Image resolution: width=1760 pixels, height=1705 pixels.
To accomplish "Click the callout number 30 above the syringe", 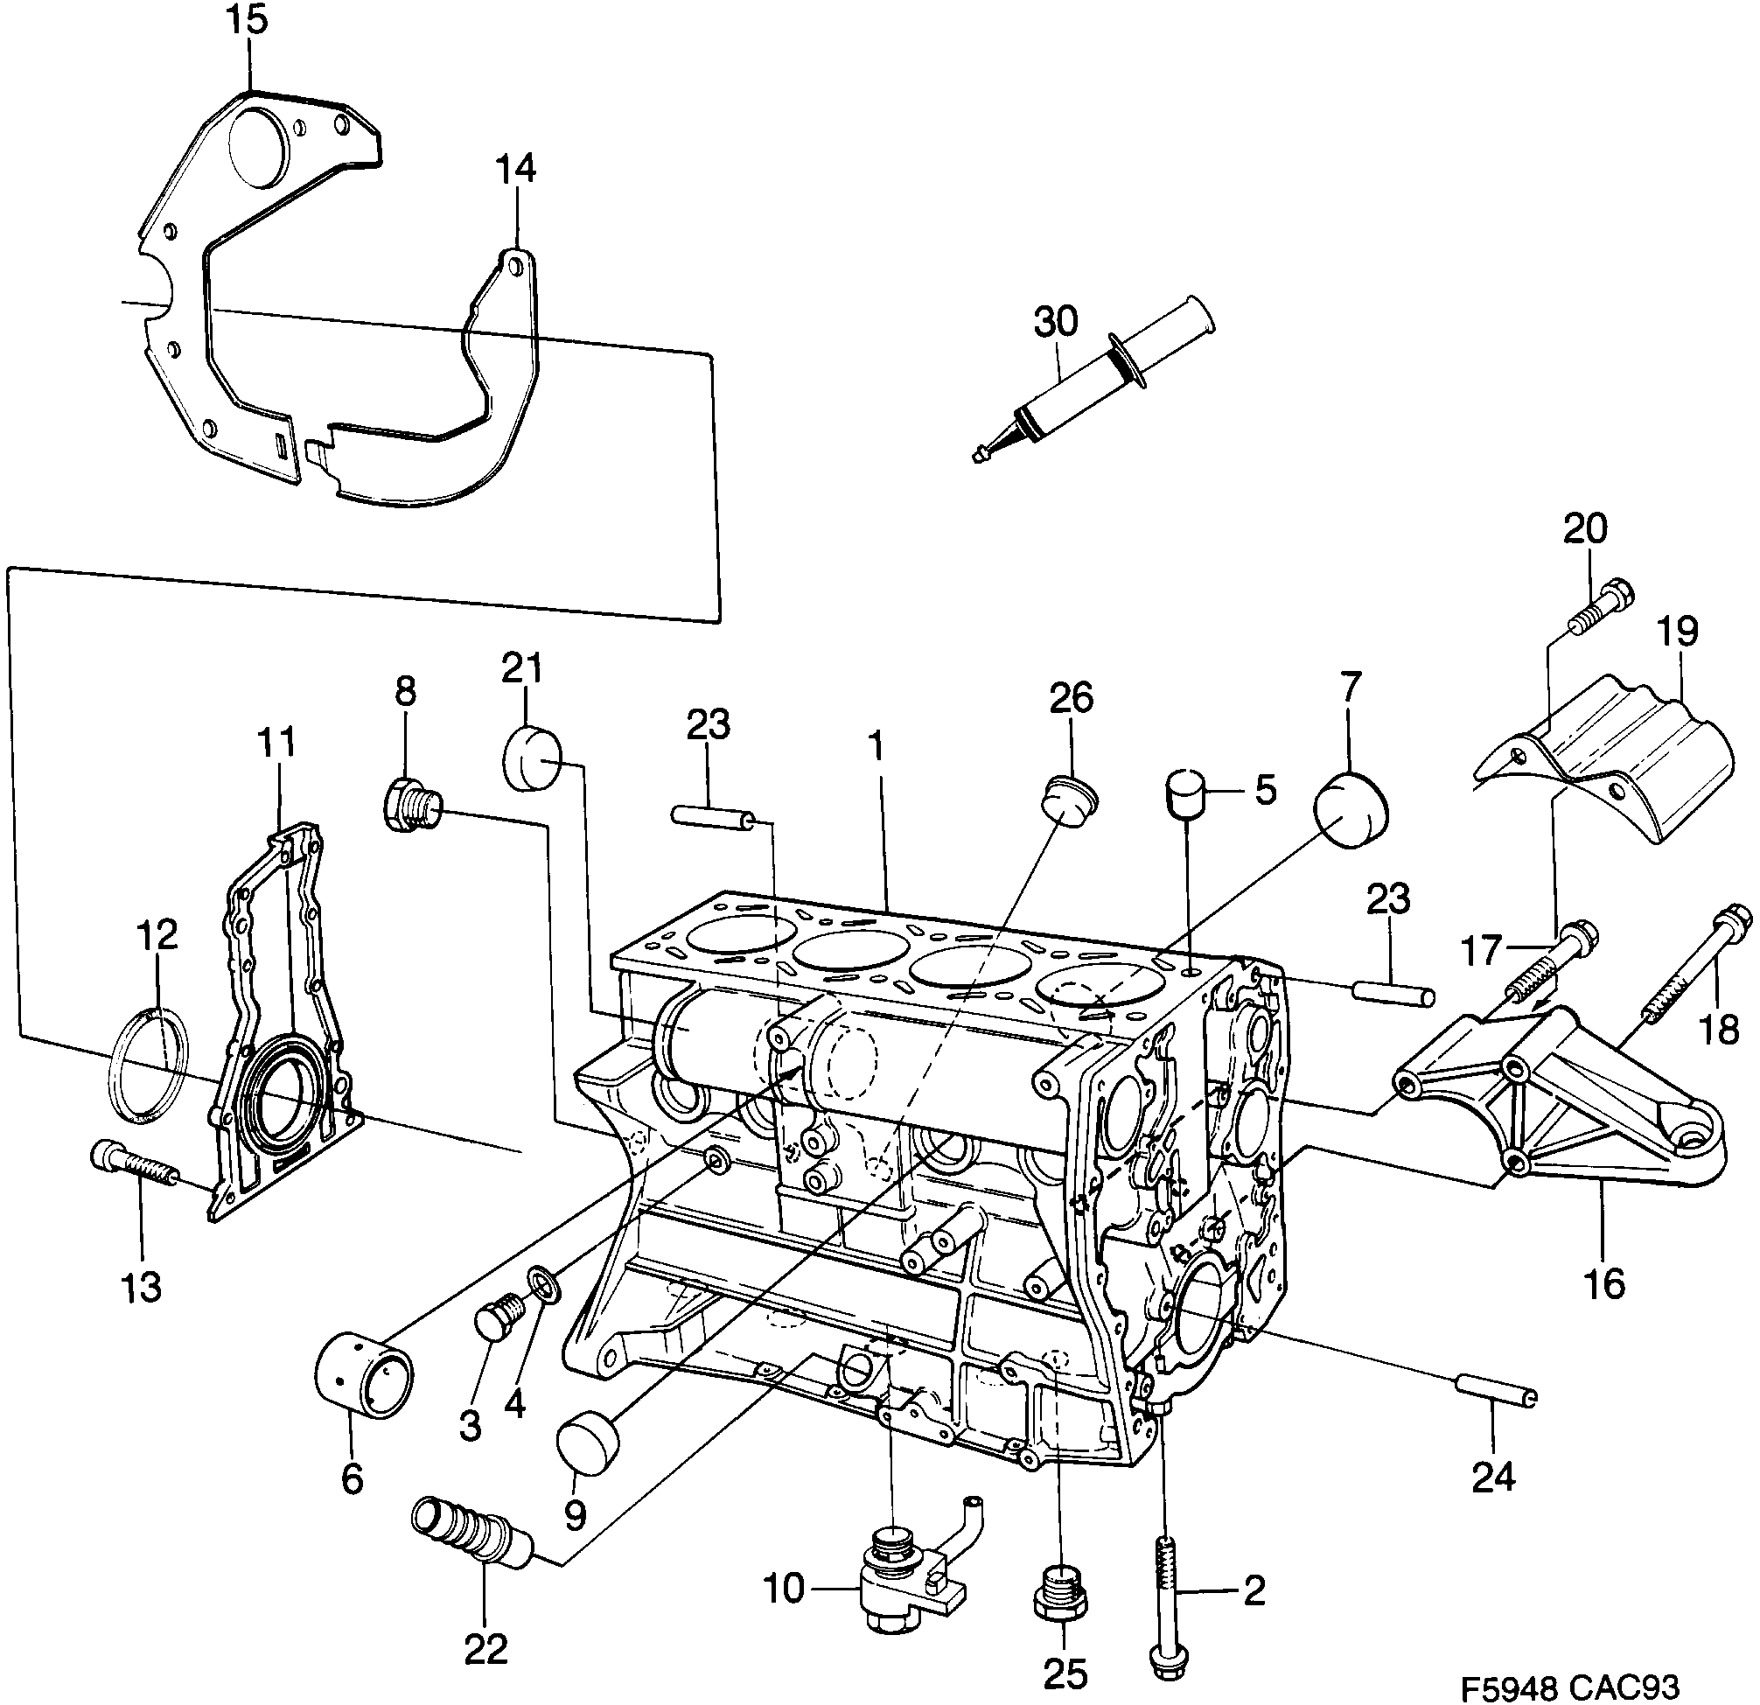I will (x=1055, y=321).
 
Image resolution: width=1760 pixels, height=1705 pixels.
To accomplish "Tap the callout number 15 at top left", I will (x=247, y=20).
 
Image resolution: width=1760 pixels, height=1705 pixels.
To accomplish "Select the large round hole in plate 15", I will (x=257, y=148).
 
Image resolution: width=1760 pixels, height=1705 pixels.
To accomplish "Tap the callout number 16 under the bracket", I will (x=1603, y=1285).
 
